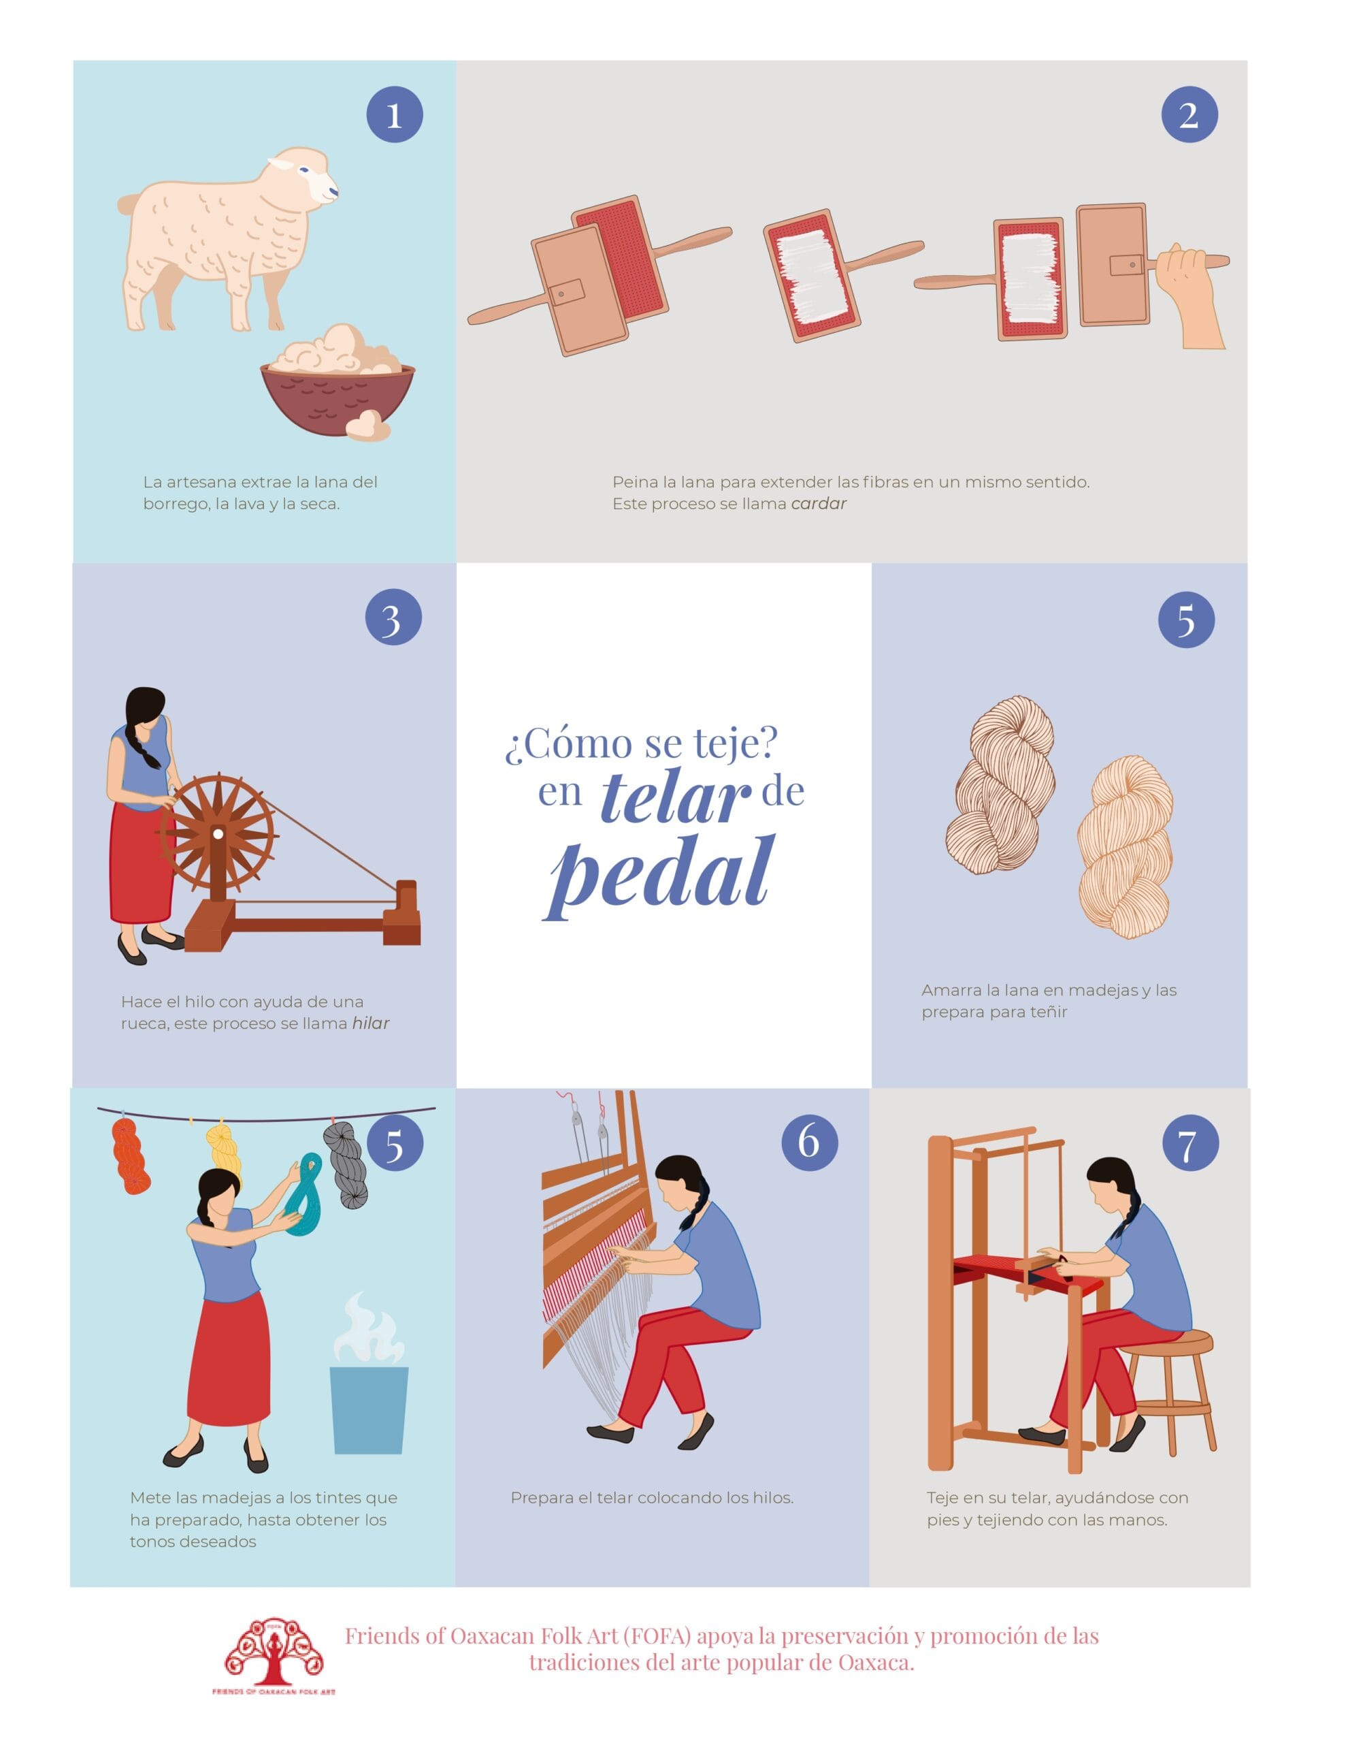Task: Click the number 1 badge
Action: click(x=394, y=115)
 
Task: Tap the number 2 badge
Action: click(x=1189, y=115)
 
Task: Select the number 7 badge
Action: click(x=1189, y=1144)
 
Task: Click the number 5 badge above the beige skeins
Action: click(x=1187, y=620)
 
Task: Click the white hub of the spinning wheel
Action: click(x=217, y=834)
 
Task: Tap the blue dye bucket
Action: click(x=369, y=1410)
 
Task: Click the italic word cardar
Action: click(x=819, y=504)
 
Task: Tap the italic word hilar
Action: click(x=371, y=1023)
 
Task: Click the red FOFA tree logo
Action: click(x=274, y=1660)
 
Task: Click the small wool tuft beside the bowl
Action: click(x=368, y=426)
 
